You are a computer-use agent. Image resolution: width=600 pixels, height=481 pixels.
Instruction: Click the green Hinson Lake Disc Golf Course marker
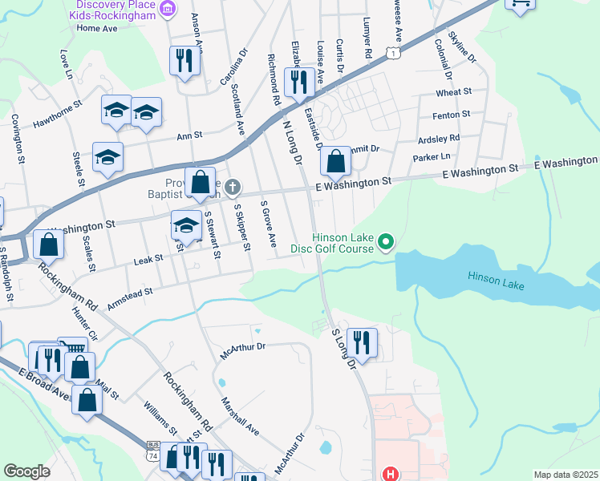[x=386, y=240]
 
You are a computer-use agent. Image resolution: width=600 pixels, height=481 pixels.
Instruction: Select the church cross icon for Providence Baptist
[x=233, y=188]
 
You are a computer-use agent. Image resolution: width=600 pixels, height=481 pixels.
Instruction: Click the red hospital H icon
[x=391, y=474]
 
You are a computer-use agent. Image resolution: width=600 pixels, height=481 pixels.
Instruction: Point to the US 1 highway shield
[x=392, y=52]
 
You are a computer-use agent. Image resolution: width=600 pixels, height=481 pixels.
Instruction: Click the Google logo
[x=26, y=471]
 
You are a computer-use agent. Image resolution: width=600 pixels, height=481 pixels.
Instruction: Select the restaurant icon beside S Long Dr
[x=361, y=343]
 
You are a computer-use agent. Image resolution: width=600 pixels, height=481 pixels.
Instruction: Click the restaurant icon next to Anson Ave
[x=184, y=61]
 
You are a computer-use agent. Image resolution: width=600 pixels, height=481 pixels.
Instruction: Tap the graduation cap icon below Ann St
[x=107, y=157]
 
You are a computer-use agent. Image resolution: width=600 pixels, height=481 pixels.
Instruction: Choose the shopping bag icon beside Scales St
[x=48, y=245]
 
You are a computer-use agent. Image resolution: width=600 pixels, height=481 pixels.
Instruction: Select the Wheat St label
[x=454, y=93]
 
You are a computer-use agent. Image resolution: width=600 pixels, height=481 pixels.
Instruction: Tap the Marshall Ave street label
[x=241, y=415]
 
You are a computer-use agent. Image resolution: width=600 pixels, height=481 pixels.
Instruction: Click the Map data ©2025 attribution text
[x=565, y=475]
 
